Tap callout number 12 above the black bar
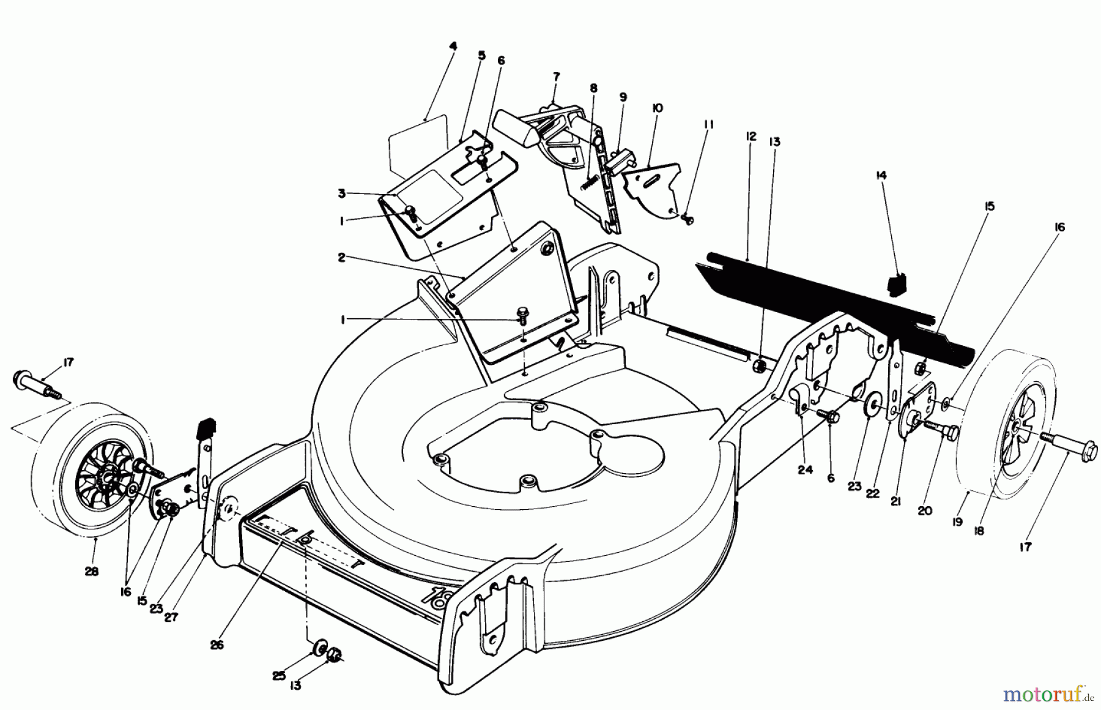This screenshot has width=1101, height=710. pos(752,136)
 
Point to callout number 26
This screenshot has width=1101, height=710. pos(217,645)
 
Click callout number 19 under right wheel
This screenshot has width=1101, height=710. pos(957,521)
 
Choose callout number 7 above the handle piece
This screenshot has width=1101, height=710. pos(555,77)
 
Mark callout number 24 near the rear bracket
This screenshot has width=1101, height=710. pos(805,469)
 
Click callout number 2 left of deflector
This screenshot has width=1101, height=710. pos(342,257)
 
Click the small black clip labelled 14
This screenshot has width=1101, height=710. pos(896,284)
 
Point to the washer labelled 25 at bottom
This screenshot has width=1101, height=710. pos(319,648)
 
